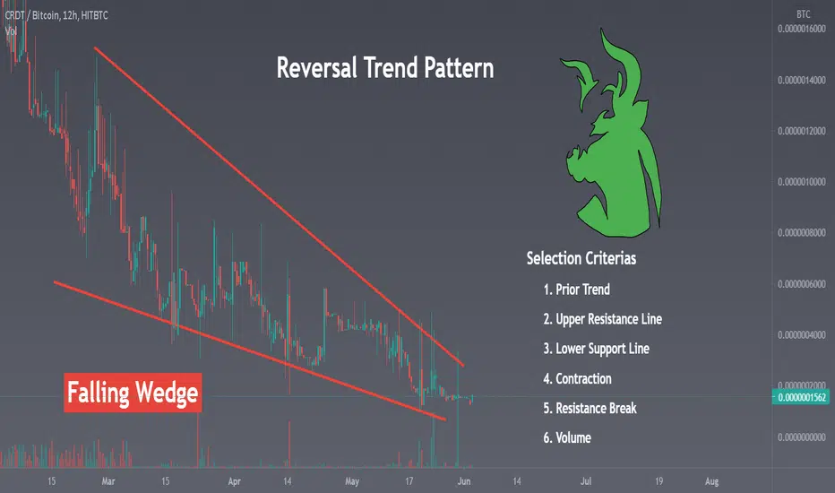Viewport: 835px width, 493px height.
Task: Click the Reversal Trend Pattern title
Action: click(x=385, y=68)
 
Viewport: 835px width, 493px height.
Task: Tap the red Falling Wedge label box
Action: click(x=133, y=393)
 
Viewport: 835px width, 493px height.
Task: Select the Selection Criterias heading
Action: click(x=581, y=258)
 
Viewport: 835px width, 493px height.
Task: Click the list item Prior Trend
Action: click(x=576, y=290)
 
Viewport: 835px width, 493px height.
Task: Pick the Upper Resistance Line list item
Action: click(x=602, y=319)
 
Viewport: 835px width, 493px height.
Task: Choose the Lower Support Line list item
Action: click(x=596, y=349)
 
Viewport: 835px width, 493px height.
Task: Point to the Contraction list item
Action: click(x=577, y=379)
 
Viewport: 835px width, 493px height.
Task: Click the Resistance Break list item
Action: click(x=590, y=408)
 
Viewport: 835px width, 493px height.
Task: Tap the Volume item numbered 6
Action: click(x=566, y=438)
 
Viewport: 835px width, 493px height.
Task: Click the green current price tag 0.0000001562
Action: click(x=800, y=397)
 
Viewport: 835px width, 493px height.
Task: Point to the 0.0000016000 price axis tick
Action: click(x=802, y=29)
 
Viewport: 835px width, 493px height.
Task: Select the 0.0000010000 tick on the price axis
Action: click(x=802, y=182)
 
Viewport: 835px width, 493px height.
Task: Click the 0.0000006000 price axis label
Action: click(x=802, y=284)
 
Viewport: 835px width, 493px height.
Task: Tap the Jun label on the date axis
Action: click(x=464, y=481)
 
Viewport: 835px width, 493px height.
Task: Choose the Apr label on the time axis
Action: click(x=235, y=481)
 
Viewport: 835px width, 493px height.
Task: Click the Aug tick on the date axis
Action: click(x=711, y=481)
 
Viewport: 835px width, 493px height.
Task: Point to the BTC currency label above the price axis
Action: click(x=803, y=14)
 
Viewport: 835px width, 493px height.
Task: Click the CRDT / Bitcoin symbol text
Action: click(x=32, y=15)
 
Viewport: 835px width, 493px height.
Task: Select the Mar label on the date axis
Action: click(x=108, y=481)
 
